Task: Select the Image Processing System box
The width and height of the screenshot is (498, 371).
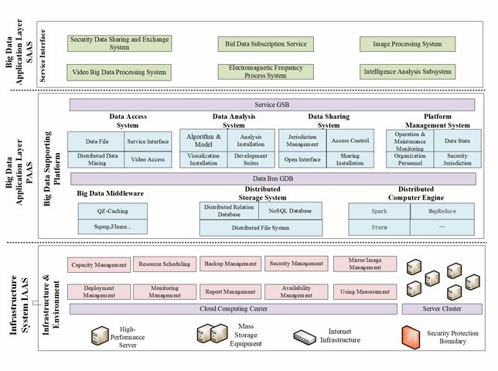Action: tap(407, 44)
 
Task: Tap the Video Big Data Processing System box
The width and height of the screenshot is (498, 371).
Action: tap(118, 72)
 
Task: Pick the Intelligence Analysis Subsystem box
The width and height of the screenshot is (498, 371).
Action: tap(407, 72)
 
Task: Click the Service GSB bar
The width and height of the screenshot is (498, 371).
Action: tap(271, 104)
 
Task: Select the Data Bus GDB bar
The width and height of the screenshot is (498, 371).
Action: tap(271, 177)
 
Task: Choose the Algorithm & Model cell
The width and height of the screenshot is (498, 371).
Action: tap(203, 140)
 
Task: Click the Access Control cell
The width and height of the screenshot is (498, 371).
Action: tap(350, 141)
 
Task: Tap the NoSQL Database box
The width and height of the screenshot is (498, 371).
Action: tap(290, 210)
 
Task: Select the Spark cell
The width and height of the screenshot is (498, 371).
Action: tap(378, 210)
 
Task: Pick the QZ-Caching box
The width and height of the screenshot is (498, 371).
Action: tap(112, 210)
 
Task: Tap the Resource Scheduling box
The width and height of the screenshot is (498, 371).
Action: tap(163, 264)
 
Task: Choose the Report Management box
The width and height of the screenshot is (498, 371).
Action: tap(230, 292)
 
